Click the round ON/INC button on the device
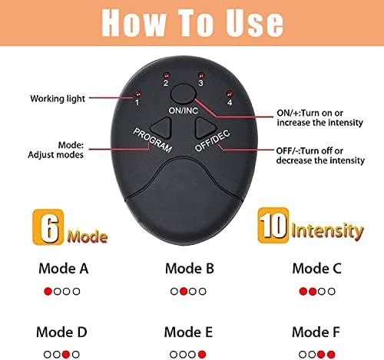pos(184,94)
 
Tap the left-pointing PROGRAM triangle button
pos(161,127)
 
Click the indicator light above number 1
pos(138,93)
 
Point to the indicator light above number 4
pos(229,94)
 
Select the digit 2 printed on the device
pos(166,83)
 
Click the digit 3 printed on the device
pos(201,83)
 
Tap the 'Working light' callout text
pos(58,99)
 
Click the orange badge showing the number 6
pos(48,226)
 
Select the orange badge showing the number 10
pos(273,225)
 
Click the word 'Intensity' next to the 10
pos(327,231)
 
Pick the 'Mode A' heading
pos(64,269)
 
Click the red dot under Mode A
pos(48,291)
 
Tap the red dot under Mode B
pos(184,291)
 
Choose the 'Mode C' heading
pos(317,269)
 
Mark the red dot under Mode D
pos(66,355)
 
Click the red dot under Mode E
pos(202,355)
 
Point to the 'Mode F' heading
pos(316,332)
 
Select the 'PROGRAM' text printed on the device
pos(153,140)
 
